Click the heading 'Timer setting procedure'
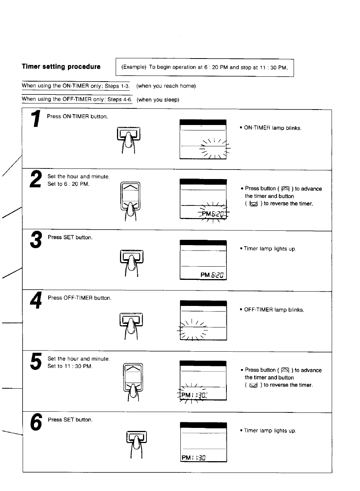pyautogui.click(x=61, y=67)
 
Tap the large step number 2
pyautogui.click(x=36, y=179)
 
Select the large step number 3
pyautogui.click(x=36, y=240)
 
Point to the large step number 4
pyautogui.click(x=36, y=301)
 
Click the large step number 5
pyautogui.click(x=36, y=361)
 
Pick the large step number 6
pyautogui.click(x=36, y=422)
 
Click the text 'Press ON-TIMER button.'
pyautogui.click(x=77, y=116)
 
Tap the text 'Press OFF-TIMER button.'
pyautogui.click(x=80, y=298)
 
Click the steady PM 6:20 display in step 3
pyautogui.click(x=212, y=275)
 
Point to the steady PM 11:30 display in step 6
pyautogui.click(x=194, y=458)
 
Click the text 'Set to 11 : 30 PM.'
pyautogui.click(x=70, y=366)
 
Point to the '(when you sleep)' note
pyautogui.click(x=158, y=100)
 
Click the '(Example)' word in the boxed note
pyautogui.click(x=134, y=67)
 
